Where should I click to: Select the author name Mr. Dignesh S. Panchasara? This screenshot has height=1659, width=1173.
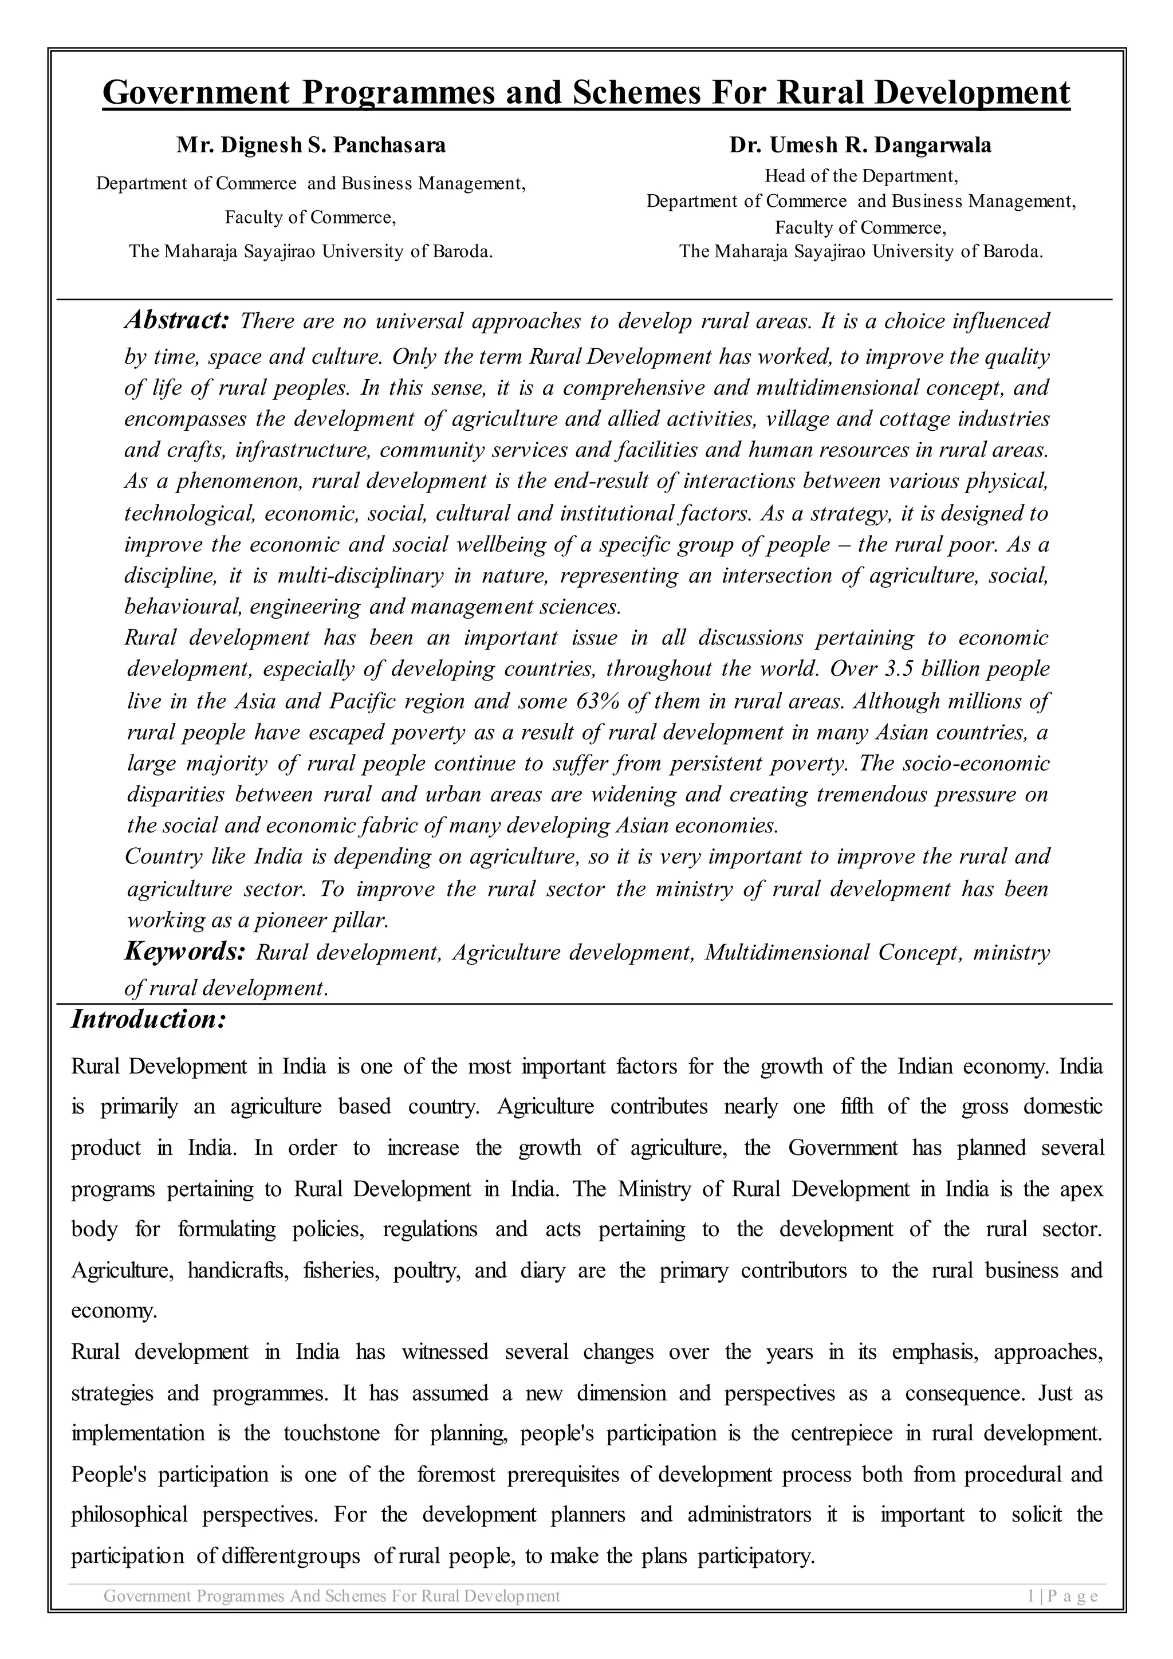point(312,146)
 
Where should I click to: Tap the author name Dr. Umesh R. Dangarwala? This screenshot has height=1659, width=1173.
point(860,146)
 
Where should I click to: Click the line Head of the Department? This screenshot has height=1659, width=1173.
point(860,176)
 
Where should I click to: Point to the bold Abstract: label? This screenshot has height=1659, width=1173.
point(176,320)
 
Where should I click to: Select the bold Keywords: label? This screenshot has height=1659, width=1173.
point(185,951)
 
